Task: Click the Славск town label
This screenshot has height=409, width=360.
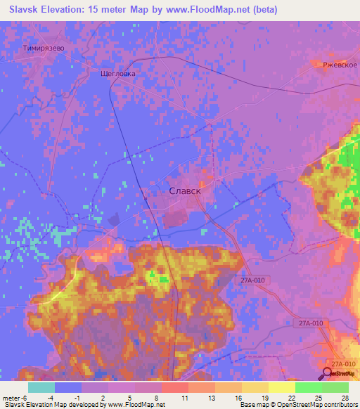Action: pos(186,190)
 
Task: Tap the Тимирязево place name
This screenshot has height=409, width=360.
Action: pos(44,48)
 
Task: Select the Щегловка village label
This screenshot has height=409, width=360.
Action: pos(118,73)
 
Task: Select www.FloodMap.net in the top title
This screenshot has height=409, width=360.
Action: pos(212,10)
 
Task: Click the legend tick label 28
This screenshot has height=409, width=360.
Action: pos(345,398)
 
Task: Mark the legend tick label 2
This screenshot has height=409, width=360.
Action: pos(103,398)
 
